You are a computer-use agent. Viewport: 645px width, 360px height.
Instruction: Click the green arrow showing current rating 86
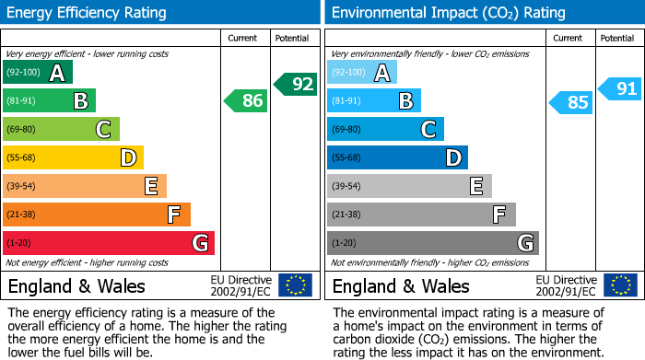247,100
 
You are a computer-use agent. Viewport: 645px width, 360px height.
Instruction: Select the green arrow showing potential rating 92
296,84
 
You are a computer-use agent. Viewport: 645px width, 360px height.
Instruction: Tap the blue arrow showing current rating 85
571,101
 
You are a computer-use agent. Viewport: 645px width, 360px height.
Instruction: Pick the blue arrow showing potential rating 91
620,89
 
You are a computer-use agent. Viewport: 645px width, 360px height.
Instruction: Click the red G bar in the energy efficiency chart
108,243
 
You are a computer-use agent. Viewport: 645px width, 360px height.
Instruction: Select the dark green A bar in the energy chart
37,73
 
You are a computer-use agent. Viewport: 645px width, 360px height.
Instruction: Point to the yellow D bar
73,158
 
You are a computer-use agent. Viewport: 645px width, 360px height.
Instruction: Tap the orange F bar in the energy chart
96,215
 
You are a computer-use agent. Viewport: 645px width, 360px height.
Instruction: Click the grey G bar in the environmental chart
432,243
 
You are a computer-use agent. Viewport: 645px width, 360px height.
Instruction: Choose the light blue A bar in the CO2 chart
361,73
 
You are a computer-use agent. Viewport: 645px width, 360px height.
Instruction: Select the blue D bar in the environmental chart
397,158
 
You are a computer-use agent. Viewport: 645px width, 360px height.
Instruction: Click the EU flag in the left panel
295,285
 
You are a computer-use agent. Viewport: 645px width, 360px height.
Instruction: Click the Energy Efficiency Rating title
88,13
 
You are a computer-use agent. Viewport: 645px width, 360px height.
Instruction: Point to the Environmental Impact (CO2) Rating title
448,13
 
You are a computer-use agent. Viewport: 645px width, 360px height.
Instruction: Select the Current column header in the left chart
244,38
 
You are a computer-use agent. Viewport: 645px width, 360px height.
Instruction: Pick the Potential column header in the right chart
616,38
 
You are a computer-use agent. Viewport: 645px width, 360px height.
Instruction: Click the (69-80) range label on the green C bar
21,130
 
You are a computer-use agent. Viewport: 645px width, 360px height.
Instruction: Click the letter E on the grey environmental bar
475,187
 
